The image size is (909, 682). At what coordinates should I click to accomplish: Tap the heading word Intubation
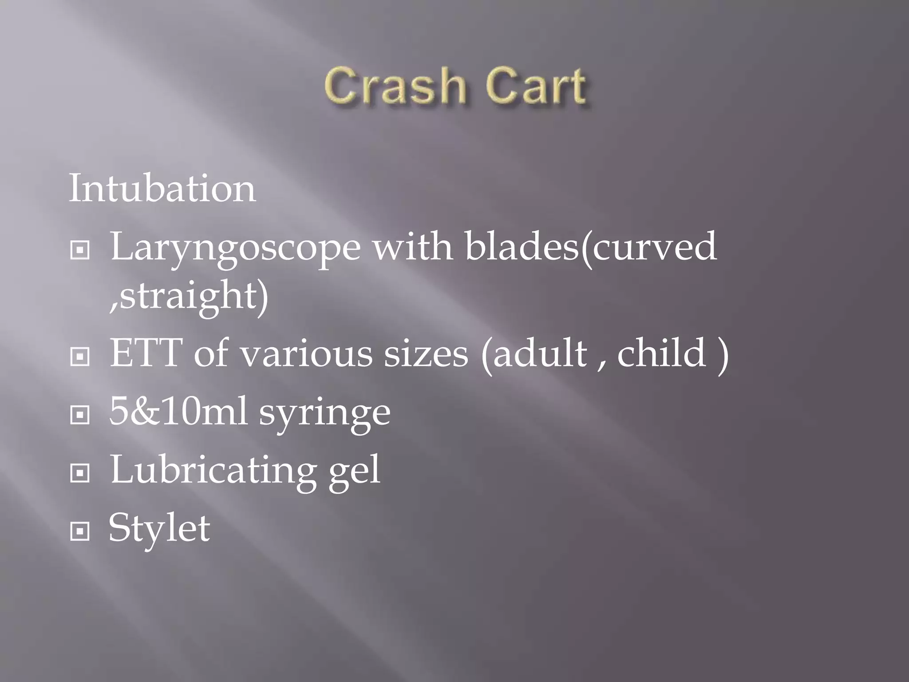pyautogui.click(x=162, y=188)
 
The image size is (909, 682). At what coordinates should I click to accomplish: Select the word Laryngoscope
pyautogui.click(x=235, y=247)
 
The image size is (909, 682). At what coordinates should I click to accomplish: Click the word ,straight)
pyautogui.click(x=189, y=295)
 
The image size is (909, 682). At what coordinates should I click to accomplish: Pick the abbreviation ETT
pyautogui.click(x=146, y=353)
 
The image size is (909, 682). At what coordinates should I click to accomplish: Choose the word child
pyautogui.click(x=661, y=353)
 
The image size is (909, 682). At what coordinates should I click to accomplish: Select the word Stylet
pyautogui.click(x=159, y=528)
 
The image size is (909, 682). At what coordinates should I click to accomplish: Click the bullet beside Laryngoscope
pyautogui.click(x=80, y=250)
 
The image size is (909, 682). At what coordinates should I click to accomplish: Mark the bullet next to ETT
pyautogui.click(x=80, y=356)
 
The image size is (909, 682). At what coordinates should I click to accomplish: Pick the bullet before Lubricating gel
pyautogui.click(x=80, y=473)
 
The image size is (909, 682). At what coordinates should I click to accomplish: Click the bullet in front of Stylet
pyautogui.click(x=80, y=531)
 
